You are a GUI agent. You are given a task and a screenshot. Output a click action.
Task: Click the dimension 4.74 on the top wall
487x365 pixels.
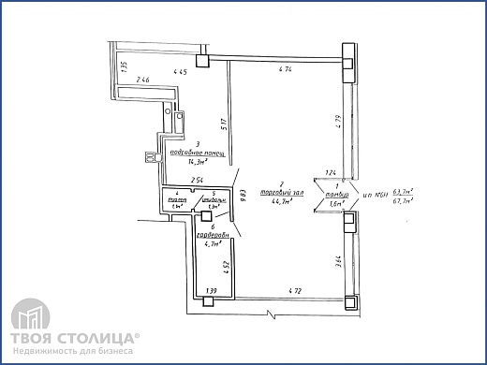point(286,70)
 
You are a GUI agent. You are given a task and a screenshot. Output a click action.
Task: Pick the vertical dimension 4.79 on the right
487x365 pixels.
point(334,121)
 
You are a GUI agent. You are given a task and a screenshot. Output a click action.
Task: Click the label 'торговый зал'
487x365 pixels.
point(281,192)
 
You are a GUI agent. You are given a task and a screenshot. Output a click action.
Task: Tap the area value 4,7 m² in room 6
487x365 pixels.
point(213,243)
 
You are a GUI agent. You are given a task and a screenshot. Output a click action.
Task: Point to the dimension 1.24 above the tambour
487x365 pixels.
point(329,172)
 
